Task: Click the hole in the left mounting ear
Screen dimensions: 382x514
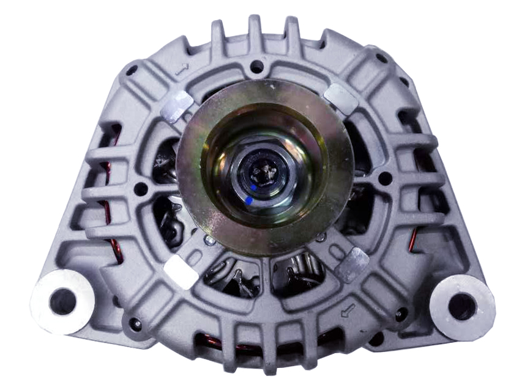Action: pyautogui.click(x=62, y=301)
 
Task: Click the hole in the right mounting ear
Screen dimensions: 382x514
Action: pyautogui.click(x=462, y=304)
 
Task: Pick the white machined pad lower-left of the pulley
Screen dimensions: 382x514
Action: pyautogui.click(x=181, y=271)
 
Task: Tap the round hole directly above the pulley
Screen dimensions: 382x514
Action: pyautogui.click(x=257, y=66)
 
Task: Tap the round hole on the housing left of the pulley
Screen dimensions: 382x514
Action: pyautogui.click(x=141, y=189)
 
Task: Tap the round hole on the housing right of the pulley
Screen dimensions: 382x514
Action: pyautogui.click(x=386, y=179)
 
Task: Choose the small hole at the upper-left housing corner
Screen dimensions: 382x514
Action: pyautogui.click(x=131, y=70)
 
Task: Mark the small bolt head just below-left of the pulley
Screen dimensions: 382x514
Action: pyautogui.click(x=210, y=241)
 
